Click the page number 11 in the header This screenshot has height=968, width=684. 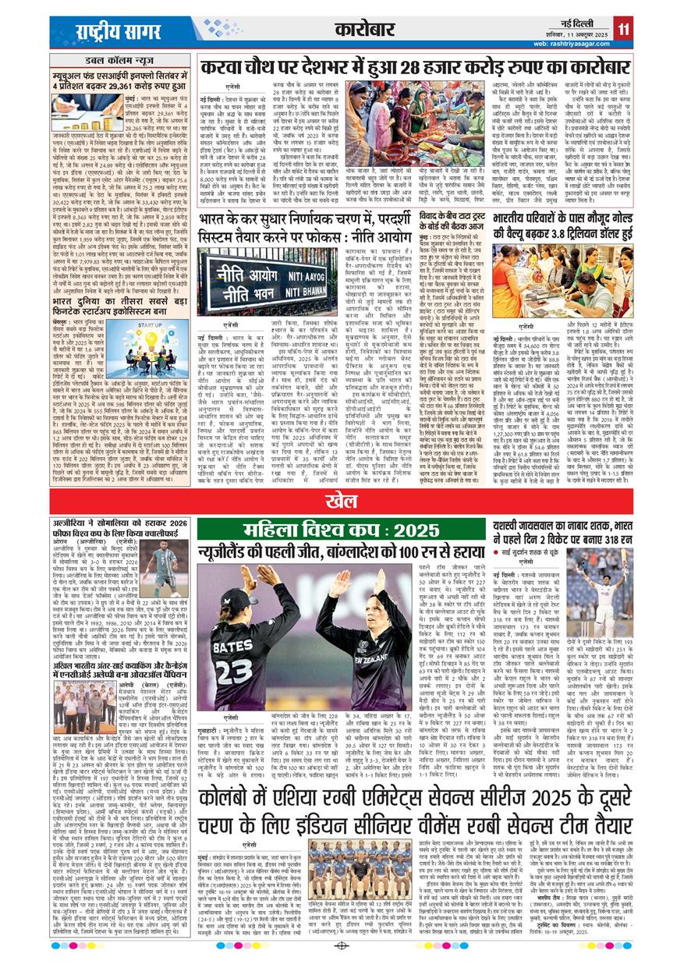(623, 30)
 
